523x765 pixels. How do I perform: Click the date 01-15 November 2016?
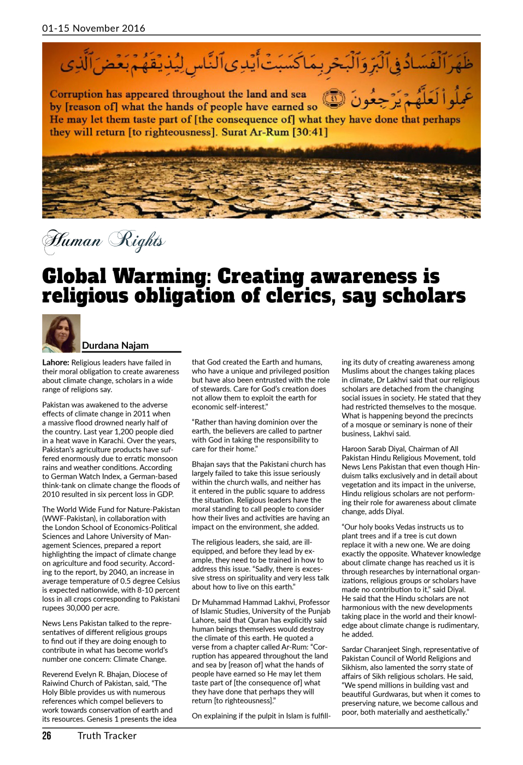tap(93, 28)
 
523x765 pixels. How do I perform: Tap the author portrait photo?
tap(61, 333)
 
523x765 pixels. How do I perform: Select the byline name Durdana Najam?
tap(115, 345)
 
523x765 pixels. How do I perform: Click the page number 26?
tap(47, 735)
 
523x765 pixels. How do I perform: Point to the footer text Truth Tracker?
tap(107, 735)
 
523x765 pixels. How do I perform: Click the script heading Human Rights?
tap(104, 240)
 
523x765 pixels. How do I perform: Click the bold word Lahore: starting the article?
tap(56, 362)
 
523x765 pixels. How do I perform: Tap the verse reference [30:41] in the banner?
tap(310, 132)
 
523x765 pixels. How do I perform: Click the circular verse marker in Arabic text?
tap(334, 99)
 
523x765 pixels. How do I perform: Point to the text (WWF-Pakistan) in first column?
tap(67, 519)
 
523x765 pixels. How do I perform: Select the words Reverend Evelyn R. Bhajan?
tap(89, 674)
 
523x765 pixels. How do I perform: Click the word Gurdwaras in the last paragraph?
tap(390, 694)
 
